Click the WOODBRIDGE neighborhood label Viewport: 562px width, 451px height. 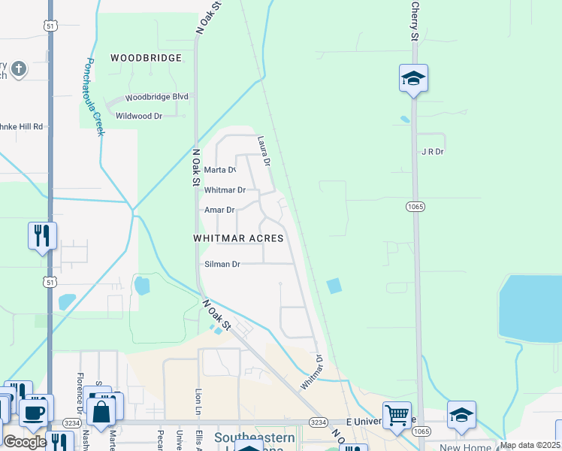(x=147, y=58)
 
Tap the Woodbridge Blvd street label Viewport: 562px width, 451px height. (x=157, y=98)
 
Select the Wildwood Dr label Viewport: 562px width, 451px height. (x=139, y=117)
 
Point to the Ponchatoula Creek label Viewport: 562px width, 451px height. (x=95, y=97)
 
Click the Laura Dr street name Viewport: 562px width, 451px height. (x=263, y=151)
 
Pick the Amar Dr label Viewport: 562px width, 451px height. (x=219, y=210)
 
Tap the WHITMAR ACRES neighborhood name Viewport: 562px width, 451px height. (x=238, y=238)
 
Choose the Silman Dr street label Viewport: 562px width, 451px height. (x=222, y=265)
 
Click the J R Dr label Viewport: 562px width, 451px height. (x=433, y=151)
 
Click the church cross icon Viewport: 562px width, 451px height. (x=19, y=70)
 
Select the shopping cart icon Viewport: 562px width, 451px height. (x=396, y=414)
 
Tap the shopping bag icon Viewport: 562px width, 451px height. (x=100, y=411)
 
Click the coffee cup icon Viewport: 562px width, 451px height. (x=32, y=412)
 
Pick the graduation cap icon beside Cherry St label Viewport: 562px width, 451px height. (x=413, y=78)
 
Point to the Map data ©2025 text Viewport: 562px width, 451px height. (x=530, y=445)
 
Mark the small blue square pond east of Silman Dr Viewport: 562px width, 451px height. (x=334, y=286)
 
